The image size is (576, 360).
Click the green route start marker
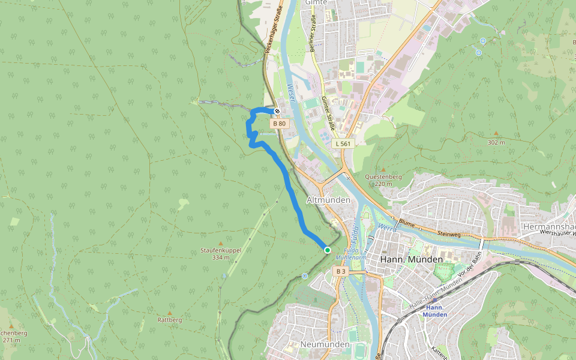[327, 250]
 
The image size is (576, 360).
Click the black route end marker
[277, 111]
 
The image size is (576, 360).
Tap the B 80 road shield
[279, 124]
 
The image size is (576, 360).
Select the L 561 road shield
[343, 143]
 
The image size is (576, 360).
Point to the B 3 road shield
[340, 272]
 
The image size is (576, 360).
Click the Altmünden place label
[328, 199]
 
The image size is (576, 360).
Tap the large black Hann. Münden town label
[412, 259]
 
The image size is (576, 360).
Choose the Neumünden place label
[324, 345]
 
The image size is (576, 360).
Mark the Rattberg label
[169, 320]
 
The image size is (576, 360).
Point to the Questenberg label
[383, 177]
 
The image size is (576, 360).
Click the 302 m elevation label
[496, 142]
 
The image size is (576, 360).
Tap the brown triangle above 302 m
[496, 133]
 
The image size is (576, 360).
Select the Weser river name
[292, 94]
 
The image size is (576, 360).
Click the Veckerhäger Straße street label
[272, 31]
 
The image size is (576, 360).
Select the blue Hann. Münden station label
[434, 311]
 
